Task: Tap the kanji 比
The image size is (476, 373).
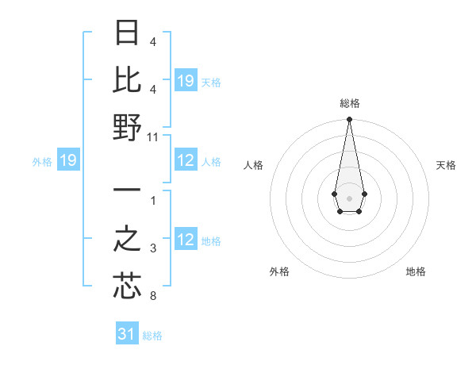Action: pyautogui.click(x=128, y=80)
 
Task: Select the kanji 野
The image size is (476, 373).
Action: pyautogui.click(x=128, y=127)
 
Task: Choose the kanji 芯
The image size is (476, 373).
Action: pyautogui.click(x=128, y=286)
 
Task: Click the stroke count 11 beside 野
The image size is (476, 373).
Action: pyautogui.click(x=153, y=137)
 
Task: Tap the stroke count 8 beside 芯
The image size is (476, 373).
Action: pyautogui.click(x=153, y=297)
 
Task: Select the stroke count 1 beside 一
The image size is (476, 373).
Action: pyautogui.click(x=153, y=200)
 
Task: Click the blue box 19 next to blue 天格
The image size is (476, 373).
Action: pyautogui.click(x=186, y=80)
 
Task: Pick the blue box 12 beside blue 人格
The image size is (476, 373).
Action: pyautogui.click(x=186, y=161)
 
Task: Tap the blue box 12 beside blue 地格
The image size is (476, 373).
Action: pyautogui.click(x=186, y=240)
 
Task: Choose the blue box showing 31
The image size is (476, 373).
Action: pyautogui.click(x=127, y=334)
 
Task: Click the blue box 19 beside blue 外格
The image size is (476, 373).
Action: pyautogui.click(x=68, y=161)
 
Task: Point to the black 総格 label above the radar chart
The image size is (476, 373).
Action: pyautogui.click(x=349, y=103)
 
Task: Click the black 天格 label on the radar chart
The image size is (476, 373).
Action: pyautogui.click(x=446, y=165)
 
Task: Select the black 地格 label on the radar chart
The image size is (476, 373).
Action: pyautogui.click(x=416, y=271)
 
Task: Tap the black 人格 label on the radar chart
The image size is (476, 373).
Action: pyautogui.click(x=253, y=165)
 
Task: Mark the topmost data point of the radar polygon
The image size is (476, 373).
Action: pyautogui.click(x=349, y=120)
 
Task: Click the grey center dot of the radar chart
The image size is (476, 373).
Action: pyautogui.click(x=349, y=198)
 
